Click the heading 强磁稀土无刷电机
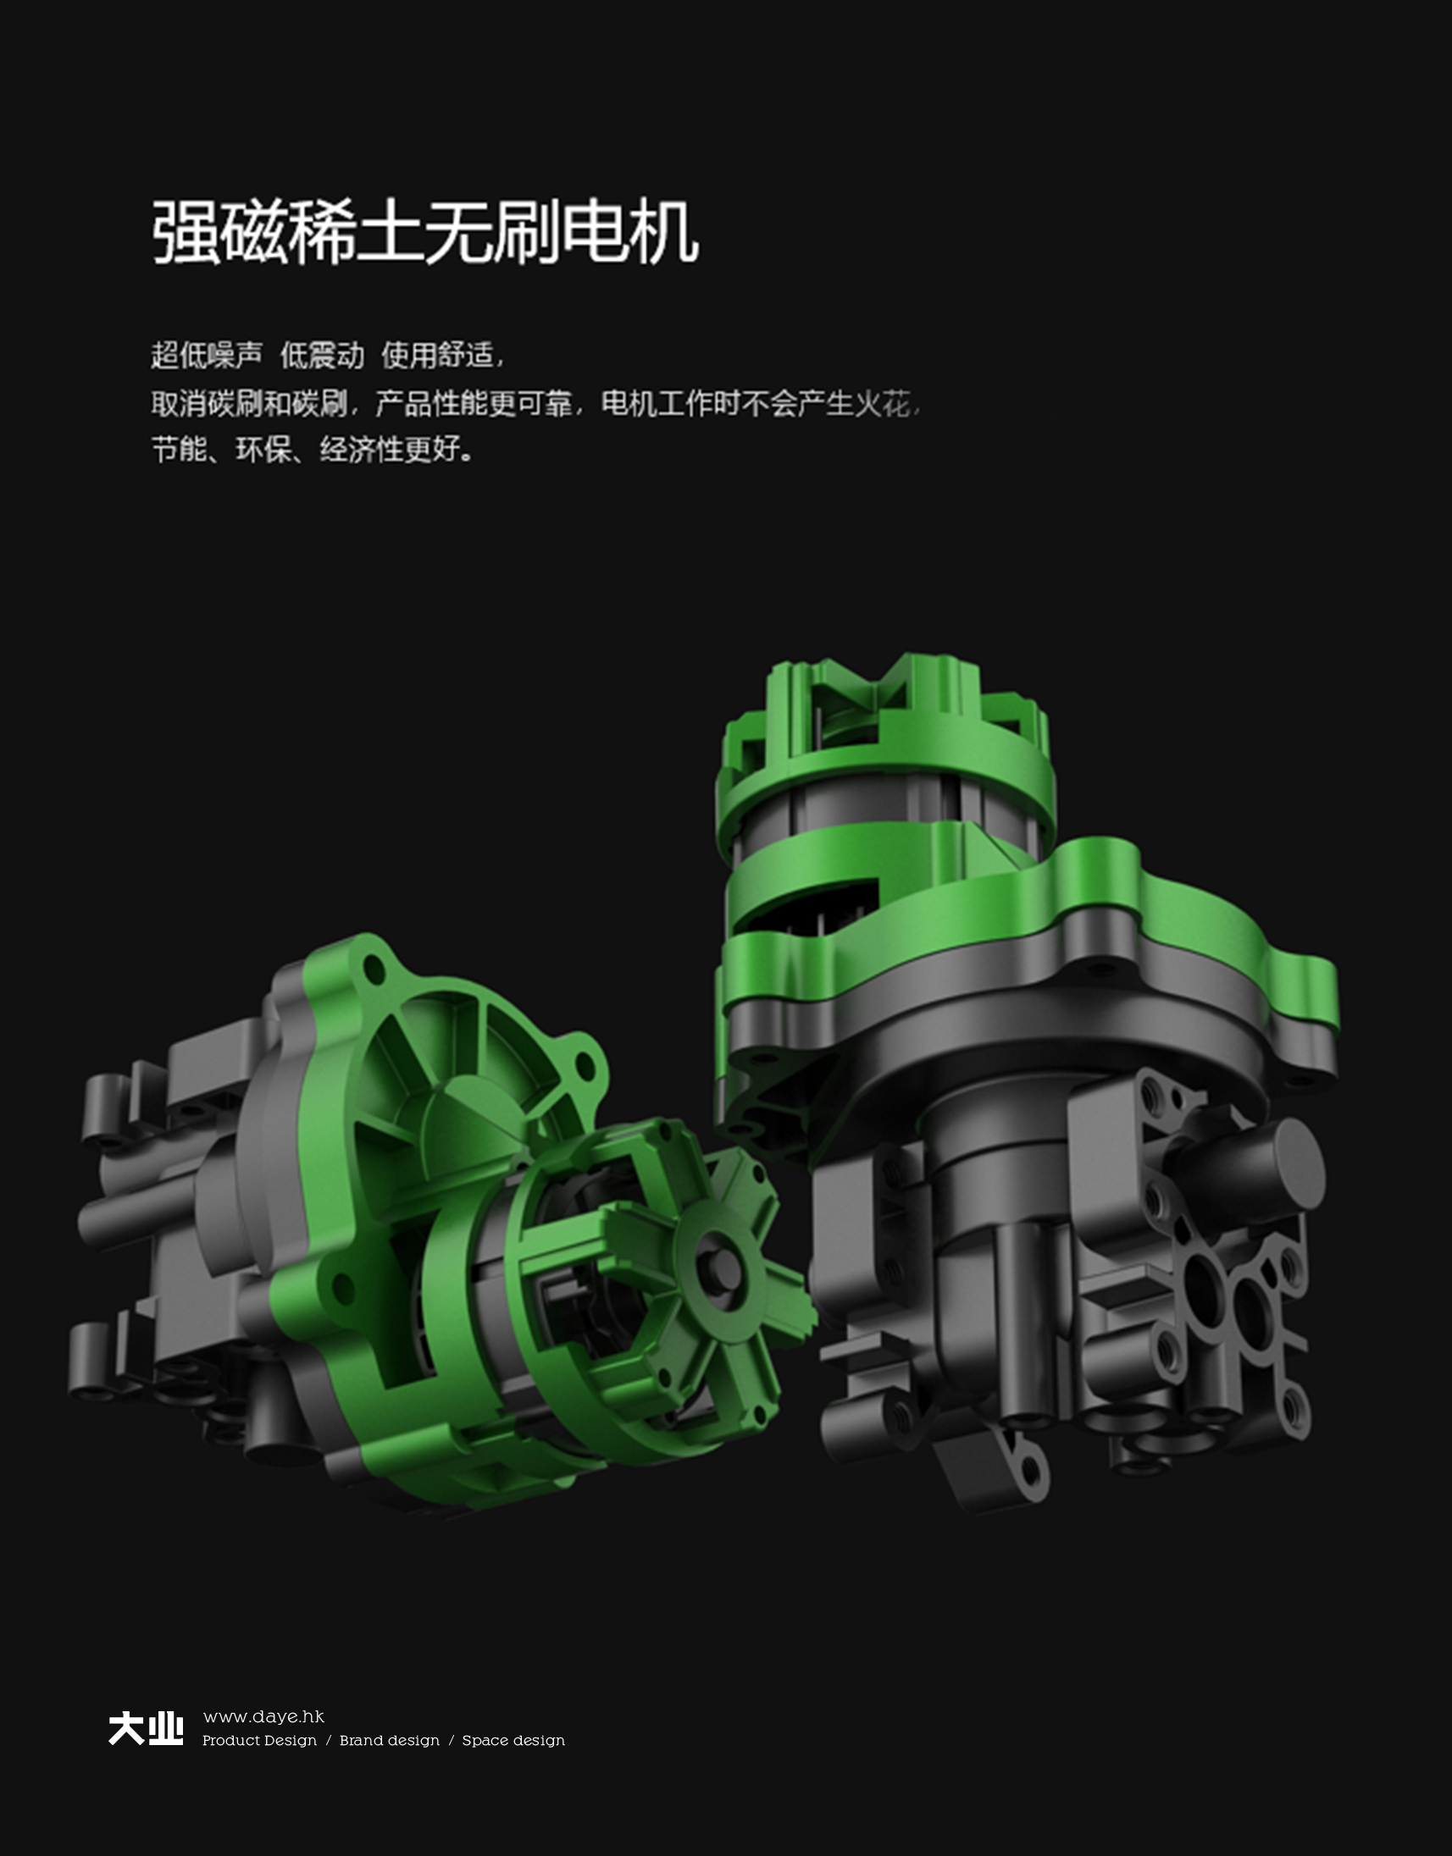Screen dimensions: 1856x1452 coord(425,232)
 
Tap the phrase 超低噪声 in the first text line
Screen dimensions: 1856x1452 coord(207,355)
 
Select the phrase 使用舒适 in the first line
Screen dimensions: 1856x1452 coord(437,355)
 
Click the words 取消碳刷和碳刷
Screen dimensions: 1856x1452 coord(249,403)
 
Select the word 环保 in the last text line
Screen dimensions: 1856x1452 coord(263,450)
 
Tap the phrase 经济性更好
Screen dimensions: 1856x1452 coord(391,450)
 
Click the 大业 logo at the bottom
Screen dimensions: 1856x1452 coord(146,1729)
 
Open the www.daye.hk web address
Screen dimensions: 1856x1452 coord(263,1716)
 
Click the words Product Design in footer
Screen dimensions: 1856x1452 coord(259,1741)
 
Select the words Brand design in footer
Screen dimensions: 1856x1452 coord(390,1741)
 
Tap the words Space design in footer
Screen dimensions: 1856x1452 coord(513,1741)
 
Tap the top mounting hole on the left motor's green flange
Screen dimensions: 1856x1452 coord(373,967)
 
